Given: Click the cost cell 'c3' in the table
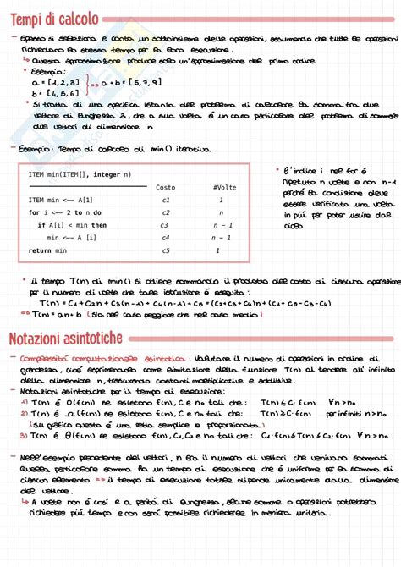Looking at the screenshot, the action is (x=166, y=225).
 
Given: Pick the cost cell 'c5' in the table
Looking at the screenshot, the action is (x=166, y=250).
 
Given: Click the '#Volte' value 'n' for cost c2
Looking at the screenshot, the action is (x=220, y=212).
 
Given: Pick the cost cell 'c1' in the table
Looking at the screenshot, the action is (x=166, y=200).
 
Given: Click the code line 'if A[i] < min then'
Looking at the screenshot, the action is (x=73, y=225).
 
